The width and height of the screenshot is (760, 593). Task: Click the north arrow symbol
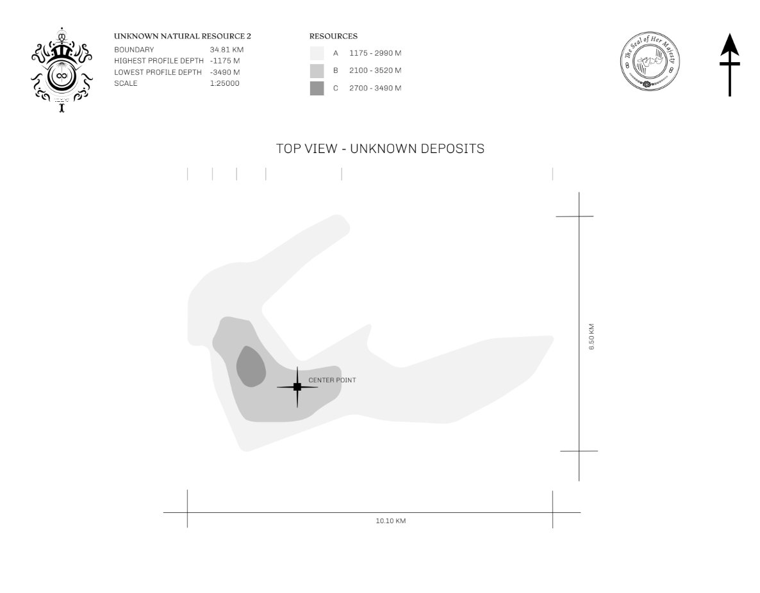click(729, 65)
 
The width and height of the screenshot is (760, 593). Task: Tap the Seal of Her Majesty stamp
click(650, 61)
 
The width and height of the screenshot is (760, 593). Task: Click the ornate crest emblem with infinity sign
click(62, 70)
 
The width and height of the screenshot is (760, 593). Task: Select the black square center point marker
click(297, 387)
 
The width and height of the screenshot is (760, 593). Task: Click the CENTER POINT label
click(332, 380)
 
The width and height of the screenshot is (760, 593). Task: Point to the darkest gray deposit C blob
click(251, 366)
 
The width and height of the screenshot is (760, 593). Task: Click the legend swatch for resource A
click(317, 53)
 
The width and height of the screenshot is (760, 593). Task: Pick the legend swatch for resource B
click(317, 70)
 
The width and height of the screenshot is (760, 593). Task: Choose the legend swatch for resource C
click(317, 88)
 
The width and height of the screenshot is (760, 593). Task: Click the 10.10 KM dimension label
click(391, 521)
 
